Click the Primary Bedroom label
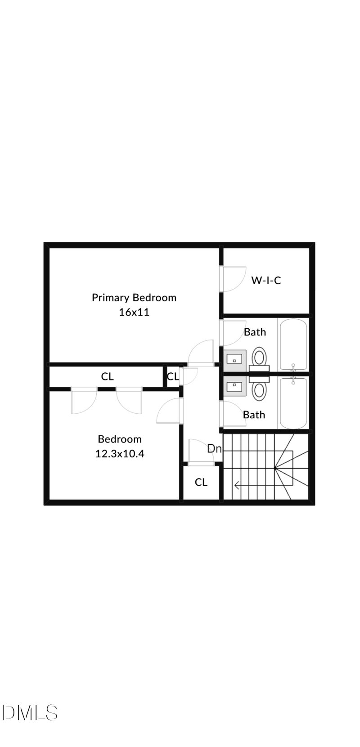click(x=134, y=297)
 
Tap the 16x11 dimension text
click(x=134, y=312)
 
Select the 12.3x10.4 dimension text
click(x=120, y=453)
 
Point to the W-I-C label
click(x=266, y=280)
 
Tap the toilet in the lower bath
click(x=259, y=389)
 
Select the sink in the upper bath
click(x=235, y=359)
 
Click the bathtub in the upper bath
click(x=293, y=344)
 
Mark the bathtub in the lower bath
click(x=293, y=403)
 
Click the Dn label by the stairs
click(x=214, y=448)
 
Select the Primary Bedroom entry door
click(x=201, y=353)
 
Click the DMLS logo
click(x=30, y=713)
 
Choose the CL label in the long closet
click(x=107, y=376)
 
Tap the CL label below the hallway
click(x=201, y=482)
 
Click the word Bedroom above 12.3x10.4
click(x=120, y=439)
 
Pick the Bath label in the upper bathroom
click(x=255, y=332)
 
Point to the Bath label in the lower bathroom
click(x=254, y=414)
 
